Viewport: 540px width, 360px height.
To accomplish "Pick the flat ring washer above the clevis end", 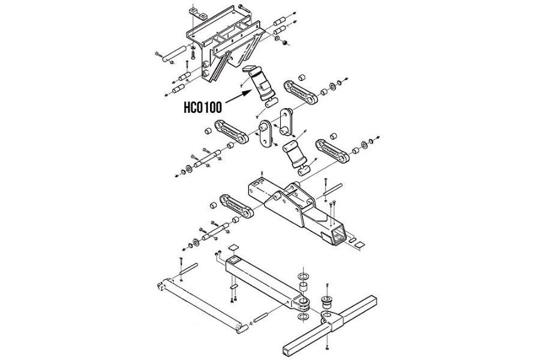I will point(304,276).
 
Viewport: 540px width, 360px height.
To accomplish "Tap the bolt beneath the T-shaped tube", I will point(328,346).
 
